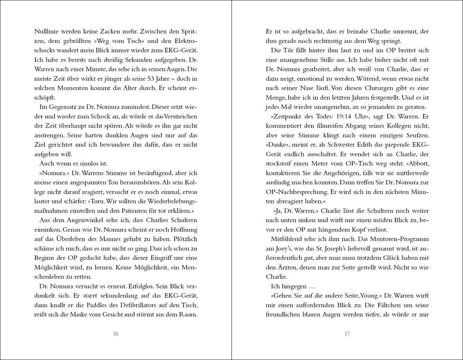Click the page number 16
(115, 334)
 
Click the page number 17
(347, 334)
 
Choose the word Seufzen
(416, 135)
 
